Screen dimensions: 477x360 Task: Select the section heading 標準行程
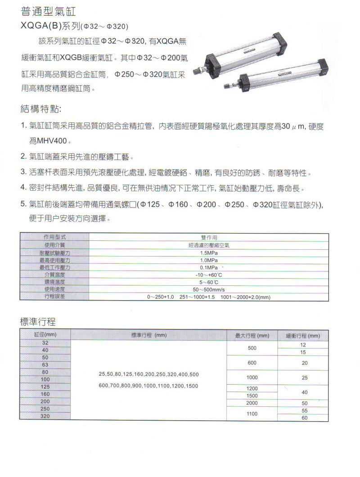point(38,322)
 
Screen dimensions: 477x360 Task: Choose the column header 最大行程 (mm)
point(252,336)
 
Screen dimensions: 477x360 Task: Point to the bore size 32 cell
point(45,343)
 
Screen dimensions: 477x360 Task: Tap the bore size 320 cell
point(45,416)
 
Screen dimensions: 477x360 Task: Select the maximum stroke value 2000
point(252,403)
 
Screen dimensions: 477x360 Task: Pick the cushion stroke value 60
point(305,418)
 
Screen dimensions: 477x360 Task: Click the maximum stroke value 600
point(252,363)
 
